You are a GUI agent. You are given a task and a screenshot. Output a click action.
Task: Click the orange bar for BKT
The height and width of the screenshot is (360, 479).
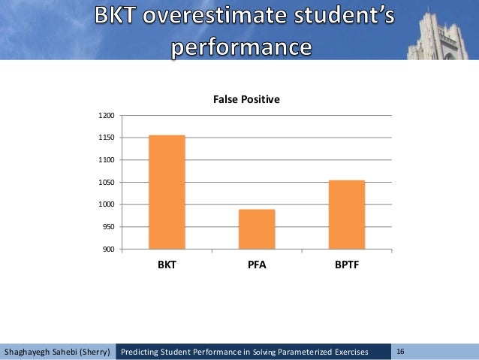(167, 192)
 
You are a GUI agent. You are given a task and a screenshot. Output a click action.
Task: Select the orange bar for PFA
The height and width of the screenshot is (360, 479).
(257, 229)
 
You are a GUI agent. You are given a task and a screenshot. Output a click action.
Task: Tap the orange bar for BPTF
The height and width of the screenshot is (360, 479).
(346, 215)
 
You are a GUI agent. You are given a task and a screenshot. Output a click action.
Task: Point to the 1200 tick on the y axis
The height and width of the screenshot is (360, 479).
(106, 116)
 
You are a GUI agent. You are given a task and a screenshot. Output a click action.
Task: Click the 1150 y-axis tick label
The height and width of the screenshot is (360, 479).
(106, 138)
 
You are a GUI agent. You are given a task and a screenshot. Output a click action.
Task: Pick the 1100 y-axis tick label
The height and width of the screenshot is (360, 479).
(106, 160)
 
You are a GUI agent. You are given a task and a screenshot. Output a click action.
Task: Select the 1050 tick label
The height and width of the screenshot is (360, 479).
(106, 183)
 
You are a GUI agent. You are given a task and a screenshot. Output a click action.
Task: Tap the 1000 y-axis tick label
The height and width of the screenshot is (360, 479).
(106, 204)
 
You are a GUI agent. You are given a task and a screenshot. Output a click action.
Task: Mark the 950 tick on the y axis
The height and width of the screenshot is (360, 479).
(108, 227)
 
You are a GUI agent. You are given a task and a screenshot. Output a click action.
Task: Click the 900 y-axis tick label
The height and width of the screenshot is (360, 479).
(108, 250)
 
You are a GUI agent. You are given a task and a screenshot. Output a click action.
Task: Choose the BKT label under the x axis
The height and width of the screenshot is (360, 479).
(167, 265)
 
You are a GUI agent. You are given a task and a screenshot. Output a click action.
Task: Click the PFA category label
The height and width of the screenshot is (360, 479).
(257, 265)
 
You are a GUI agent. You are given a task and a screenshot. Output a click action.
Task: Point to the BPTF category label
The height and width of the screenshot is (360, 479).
(346, 265)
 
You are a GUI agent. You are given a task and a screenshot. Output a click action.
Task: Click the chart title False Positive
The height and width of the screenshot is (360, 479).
(246, 98)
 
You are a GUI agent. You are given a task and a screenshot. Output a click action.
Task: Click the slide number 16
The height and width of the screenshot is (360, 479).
(400, 351)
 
